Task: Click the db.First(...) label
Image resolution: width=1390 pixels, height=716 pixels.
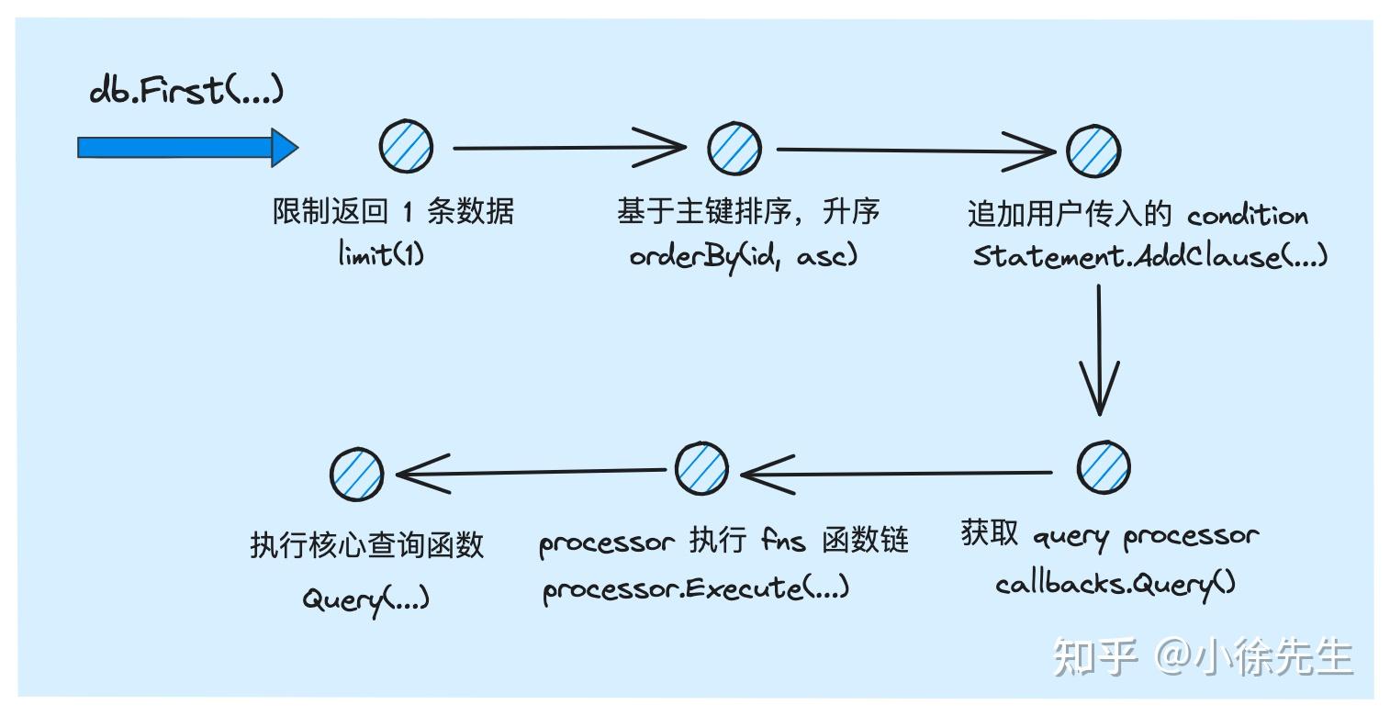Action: (186, 90)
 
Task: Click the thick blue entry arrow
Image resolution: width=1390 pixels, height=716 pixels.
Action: (187, 148)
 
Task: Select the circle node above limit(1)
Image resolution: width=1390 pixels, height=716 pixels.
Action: (406, 147)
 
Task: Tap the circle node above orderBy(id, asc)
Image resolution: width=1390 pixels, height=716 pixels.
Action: (734, 147)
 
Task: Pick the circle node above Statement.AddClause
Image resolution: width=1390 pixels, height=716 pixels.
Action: (1093, 151)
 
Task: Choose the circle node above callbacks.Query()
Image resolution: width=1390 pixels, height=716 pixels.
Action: (1103, 467)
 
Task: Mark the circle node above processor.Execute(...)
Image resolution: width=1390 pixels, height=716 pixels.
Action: (701, 469)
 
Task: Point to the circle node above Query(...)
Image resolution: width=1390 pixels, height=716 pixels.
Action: (356, 475)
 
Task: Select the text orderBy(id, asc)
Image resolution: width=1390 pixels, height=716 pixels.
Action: (743, 256)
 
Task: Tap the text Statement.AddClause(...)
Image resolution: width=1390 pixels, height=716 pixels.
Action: (1149, 255)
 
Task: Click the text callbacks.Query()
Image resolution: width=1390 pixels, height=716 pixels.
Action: (1115, 583)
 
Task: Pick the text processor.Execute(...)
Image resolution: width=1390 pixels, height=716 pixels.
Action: (696, 587)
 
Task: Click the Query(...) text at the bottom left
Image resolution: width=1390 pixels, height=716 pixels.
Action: (365, 599)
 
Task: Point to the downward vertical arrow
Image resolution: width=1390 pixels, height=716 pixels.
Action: (1099, 349)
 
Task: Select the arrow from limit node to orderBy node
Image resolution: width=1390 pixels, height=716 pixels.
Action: (569, 146)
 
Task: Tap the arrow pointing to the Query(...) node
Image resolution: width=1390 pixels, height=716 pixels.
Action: (531, 473)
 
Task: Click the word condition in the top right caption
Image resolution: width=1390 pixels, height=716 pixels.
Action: (1247, 216)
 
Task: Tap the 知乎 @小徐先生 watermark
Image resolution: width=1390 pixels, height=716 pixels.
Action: (1203, 657)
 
